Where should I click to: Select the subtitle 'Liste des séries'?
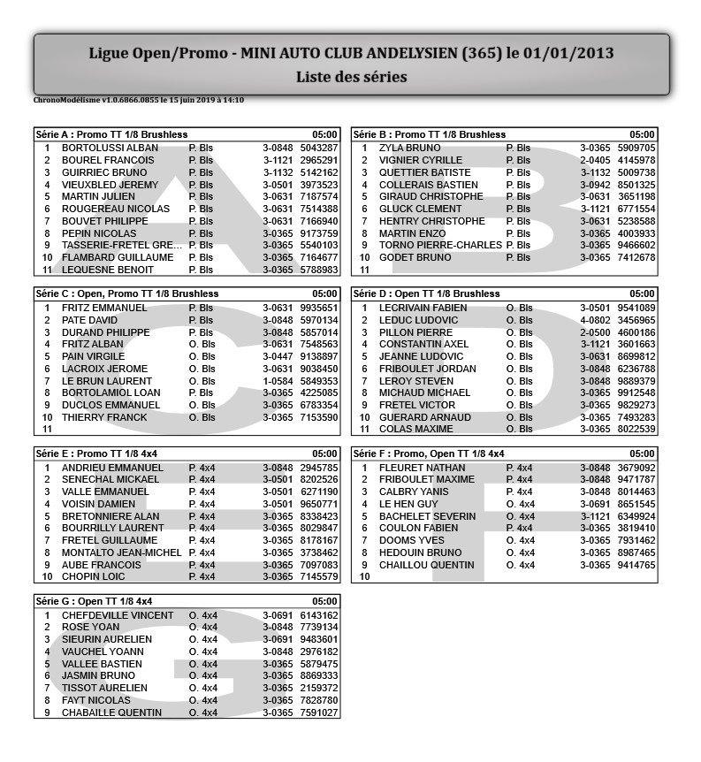pos(351,77)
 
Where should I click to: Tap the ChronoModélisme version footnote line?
pos(139,100)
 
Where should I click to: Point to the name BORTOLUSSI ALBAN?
pos(110,148)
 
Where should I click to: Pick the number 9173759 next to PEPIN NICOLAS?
pos(319,233)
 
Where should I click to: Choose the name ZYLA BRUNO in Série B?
pos(409,148)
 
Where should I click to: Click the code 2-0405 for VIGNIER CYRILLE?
pos(595,160)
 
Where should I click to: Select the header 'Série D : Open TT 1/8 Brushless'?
pos(426,293)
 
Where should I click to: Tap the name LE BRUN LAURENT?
pos(107,381)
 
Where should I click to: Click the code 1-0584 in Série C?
pos(278,381)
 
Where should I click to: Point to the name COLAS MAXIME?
pos(416,430)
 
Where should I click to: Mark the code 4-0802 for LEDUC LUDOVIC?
pos(595,320)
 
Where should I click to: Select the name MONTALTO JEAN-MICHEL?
pos(121,552)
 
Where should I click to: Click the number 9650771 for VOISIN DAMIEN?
pos(319,504)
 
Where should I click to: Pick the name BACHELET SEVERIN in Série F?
pos(427,516)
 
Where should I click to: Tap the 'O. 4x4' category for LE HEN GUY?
pos(521,504)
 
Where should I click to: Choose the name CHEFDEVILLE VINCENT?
pos(118,615)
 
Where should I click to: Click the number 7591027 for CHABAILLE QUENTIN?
pos(319,712)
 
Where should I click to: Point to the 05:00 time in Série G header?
pos(325,602)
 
